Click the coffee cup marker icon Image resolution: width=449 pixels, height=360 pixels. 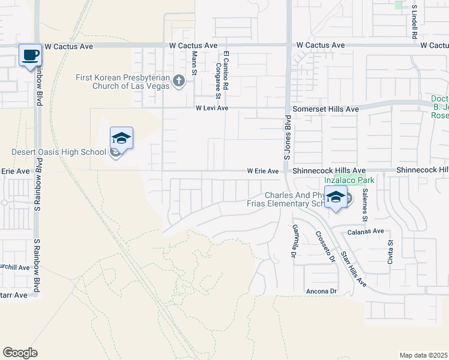click(x=30, y=55)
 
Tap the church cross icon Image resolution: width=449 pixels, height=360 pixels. click(x=178, y=81)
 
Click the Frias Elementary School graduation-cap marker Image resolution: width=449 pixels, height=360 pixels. click(x=336, y=197)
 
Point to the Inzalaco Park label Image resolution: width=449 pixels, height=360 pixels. click(x=349, y=180)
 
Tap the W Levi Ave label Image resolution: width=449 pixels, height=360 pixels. click(x=212, y=109)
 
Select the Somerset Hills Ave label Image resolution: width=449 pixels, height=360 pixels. click(x=325, y=109)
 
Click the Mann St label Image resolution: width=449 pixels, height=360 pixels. click(x=194, y=62)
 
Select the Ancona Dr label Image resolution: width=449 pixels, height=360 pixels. click(x=322, y=292)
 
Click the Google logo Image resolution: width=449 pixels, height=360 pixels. click(x=20, y=353)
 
